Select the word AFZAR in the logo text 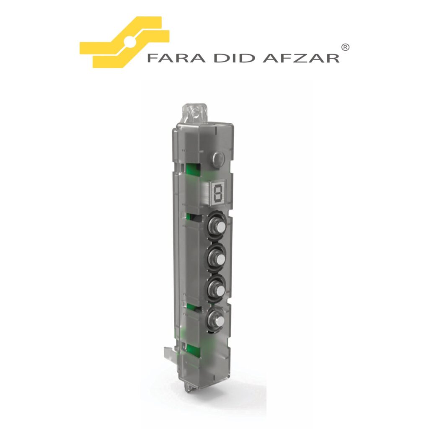(301, 58)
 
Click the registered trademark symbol (346, 47)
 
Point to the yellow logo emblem (124, 42)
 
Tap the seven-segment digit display (218, 193)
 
